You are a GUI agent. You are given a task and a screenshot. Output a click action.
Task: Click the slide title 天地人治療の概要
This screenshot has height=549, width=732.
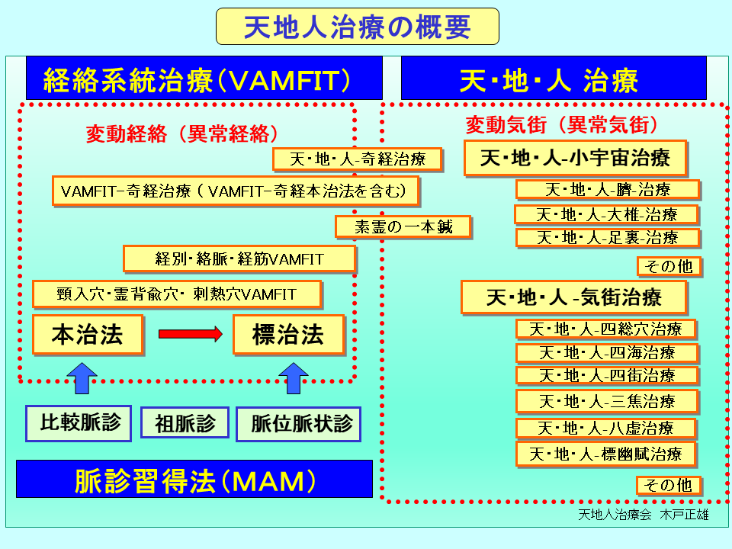(357, 27)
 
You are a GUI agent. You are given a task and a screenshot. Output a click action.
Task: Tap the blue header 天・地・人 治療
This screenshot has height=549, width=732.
(551, 79)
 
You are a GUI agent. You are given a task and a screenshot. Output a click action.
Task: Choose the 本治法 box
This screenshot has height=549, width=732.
(88, 335)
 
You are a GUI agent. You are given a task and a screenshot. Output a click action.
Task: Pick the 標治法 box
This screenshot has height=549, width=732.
(289, 335)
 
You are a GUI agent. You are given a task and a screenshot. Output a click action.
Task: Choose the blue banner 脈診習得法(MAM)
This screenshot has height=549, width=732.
(194, 480)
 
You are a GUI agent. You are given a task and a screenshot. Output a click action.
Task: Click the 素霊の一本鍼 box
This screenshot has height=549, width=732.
(403, 226)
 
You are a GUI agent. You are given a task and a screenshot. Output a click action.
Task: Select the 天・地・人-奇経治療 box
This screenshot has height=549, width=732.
(358, 159)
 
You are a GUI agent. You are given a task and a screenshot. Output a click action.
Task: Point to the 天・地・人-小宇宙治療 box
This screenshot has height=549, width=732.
(576, 159)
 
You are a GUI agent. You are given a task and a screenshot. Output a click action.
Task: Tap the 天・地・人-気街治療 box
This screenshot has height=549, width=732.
(574, 297)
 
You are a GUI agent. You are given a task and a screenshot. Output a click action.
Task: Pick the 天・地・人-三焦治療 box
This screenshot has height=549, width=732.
(607, 401)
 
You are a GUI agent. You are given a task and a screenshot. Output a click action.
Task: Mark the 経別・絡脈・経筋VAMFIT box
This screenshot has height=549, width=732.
(239, 259)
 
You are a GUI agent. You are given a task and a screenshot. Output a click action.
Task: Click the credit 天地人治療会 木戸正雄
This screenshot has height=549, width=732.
(644, 514)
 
